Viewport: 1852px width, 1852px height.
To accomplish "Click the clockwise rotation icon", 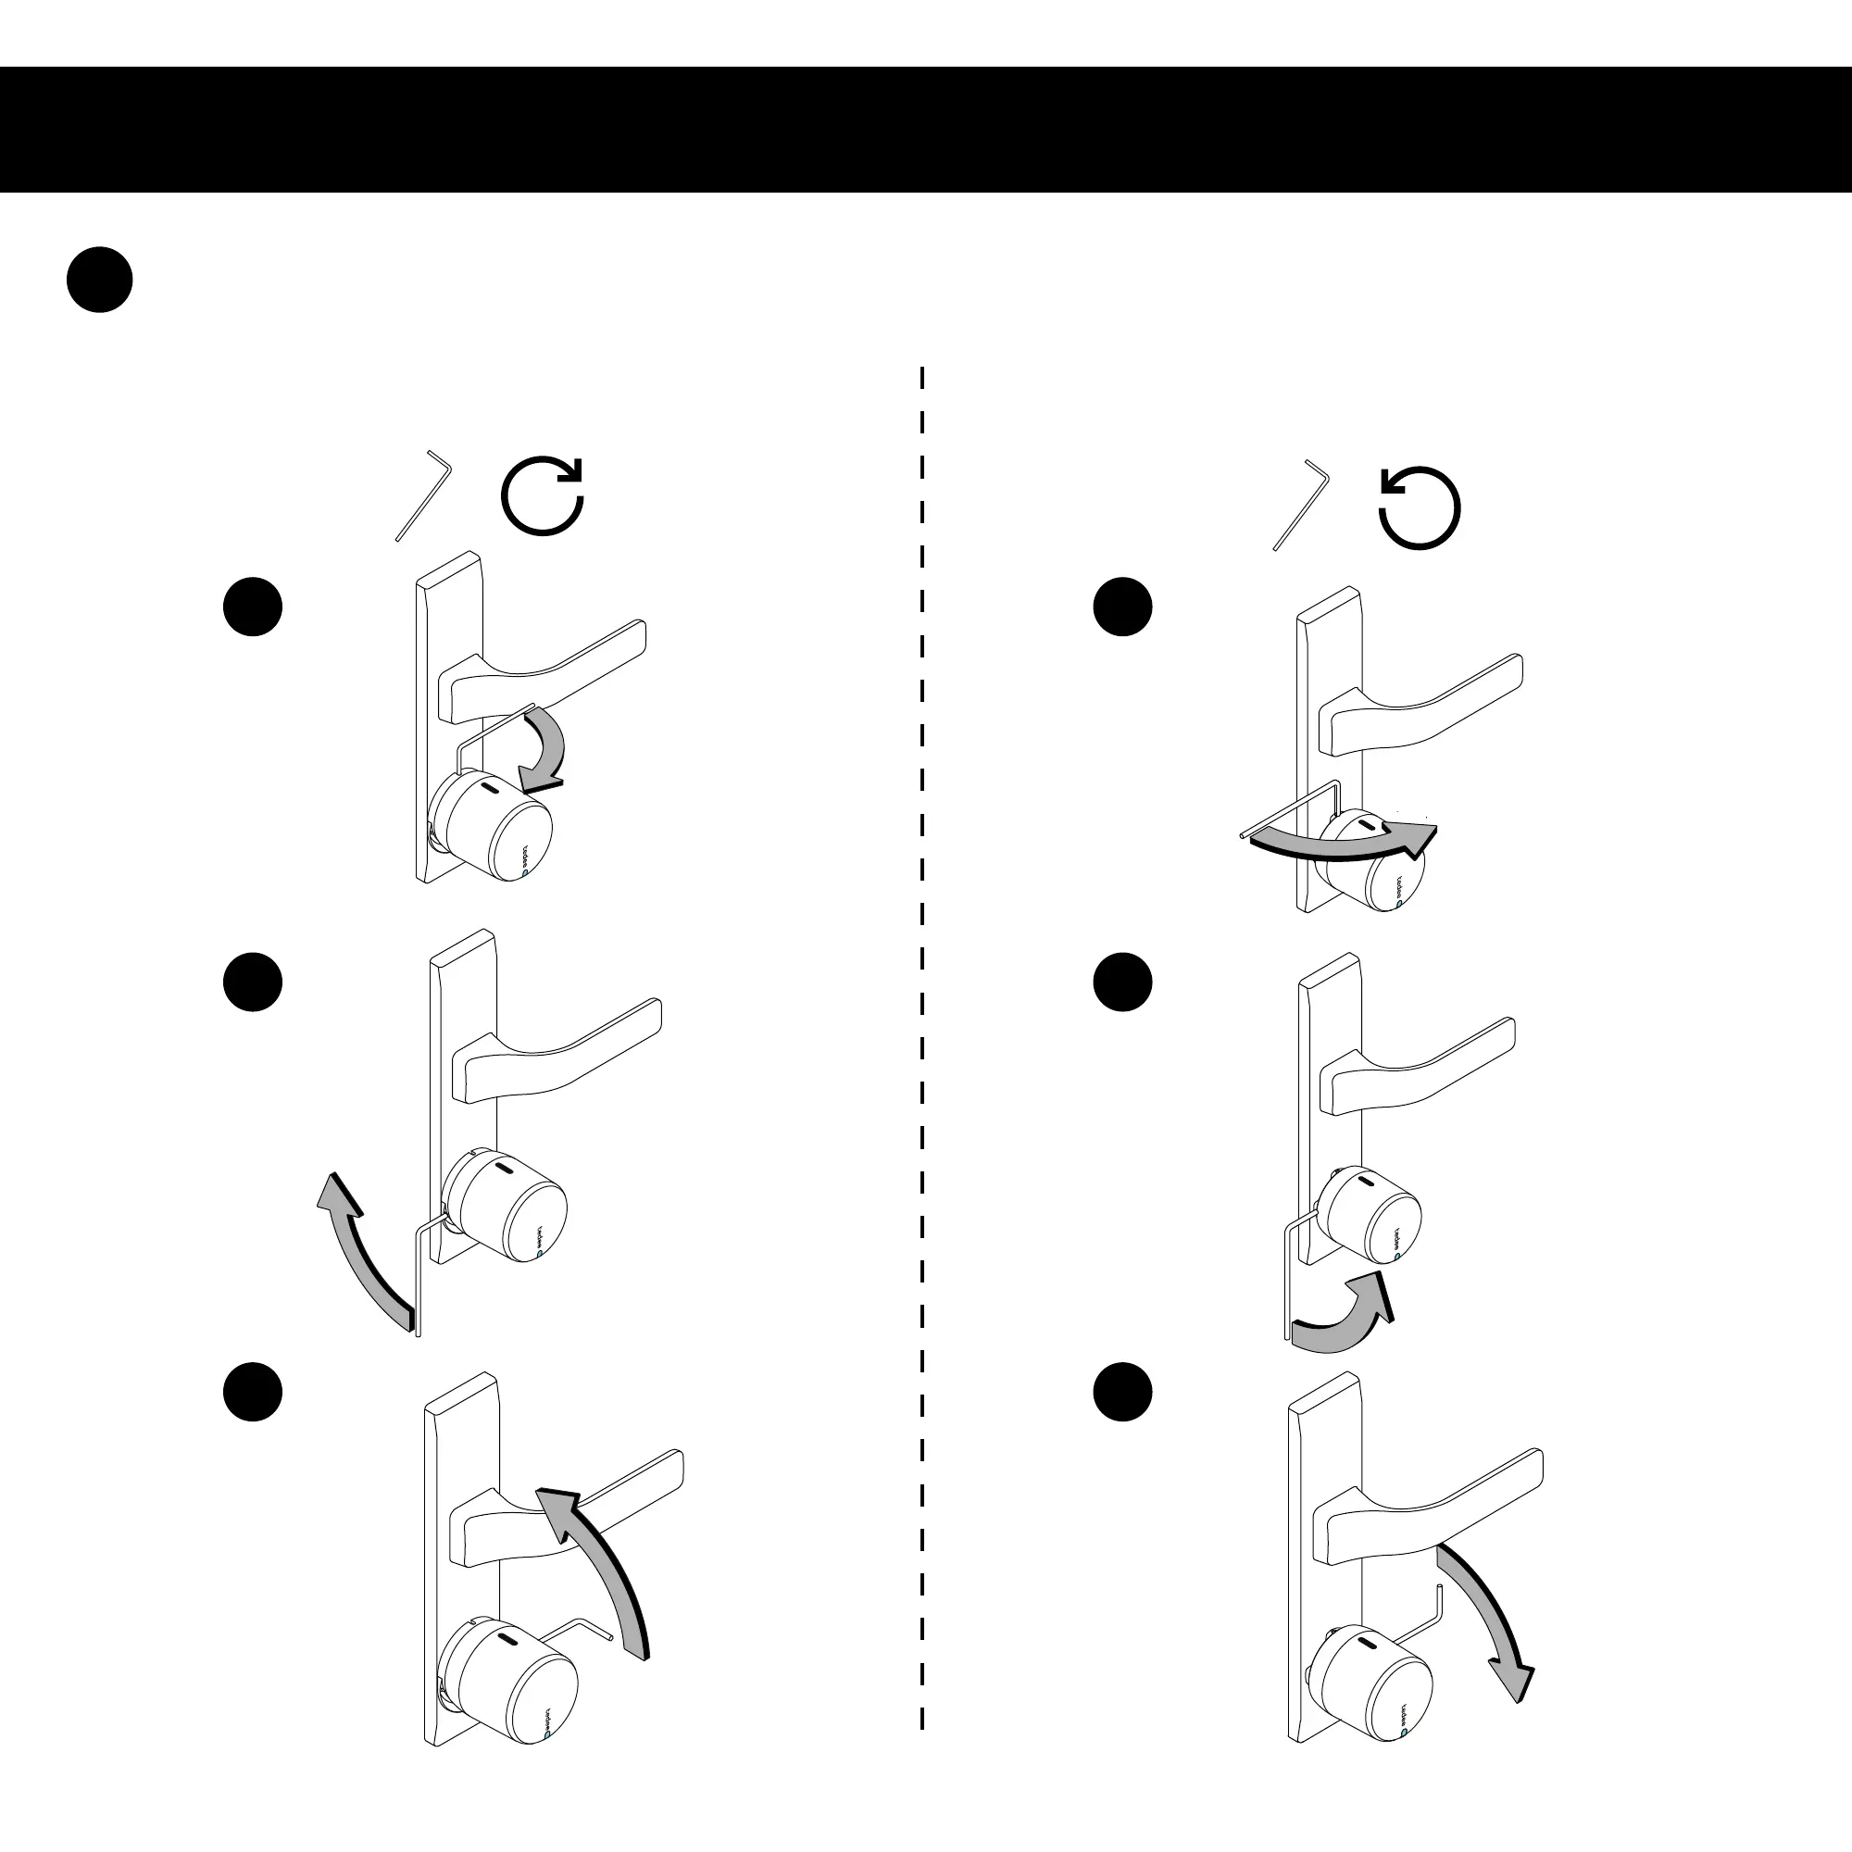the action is point(543,495).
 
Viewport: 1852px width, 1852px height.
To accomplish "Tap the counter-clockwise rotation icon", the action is point(1420,507).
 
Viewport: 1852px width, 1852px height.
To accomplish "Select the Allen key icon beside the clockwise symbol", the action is point(423,495).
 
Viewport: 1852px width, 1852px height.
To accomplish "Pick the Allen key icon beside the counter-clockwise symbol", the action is point(1301,507).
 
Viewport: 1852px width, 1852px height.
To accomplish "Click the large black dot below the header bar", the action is point(100,280).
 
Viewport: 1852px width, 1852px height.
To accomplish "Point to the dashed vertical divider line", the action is point(922,958).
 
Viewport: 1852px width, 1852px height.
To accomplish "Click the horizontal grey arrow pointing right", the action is point(1342,841).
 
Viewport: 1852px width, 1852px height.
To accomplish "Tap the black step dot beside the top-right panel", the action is point(1122,607).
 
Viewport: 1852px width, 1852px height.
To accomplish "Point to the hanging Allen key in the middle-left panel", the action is point(419,1275).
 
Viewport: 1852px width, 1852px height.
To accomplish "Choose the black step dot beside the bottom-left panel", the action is point(253,1392).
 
